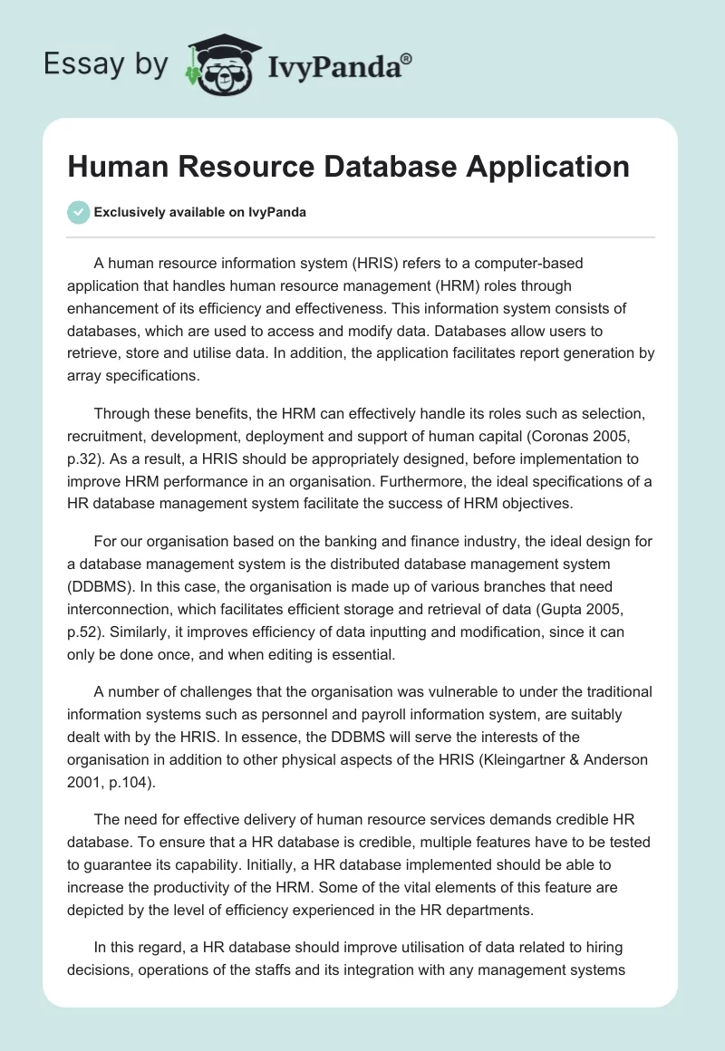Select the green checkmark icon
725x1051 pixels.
pyautogui.click(x=78, y=212)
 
